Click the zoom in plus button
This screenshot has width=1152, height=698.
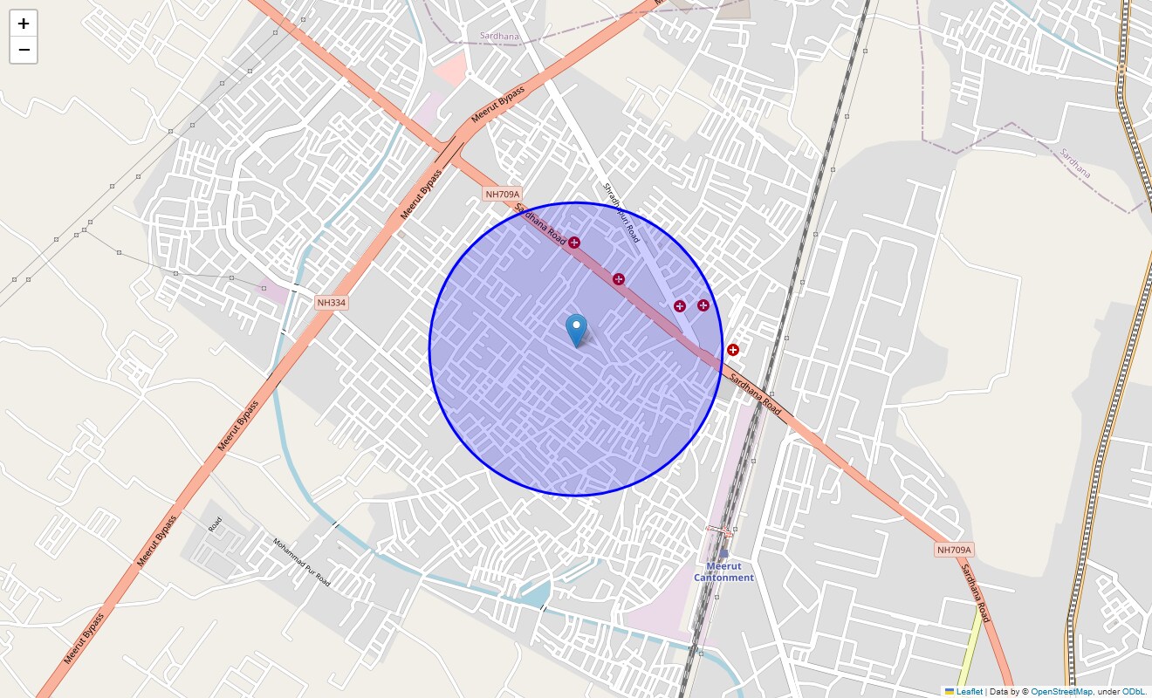tap(24, 24)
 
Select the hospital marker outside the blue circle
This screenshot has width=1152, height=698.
tap(733, 350)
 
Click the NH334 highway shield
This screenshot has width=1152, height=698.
tap(332, 303)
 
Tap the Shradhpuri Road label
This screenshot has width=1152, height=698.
tap(621, 212)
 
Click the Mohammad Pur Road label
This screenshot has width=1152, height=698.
tap(301, 561)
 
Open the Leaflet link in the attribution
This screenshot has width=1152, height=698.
tap(969, 691)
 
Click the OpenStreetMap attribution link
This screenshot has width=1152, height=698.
tap(1061, 691)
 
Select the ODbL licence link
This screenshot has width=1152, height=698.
tap(1134, 691)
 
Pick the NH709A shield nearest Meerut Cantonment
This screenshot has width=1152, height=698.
tap(954, 550)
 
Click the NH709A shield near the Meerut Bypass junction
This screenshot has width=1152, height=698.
tap(502, 194)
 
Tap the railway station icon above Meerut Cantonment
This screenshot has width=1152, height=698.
tap(723, 551)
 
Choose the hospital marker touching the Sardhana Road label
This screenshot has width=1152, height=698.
tap(574, 243)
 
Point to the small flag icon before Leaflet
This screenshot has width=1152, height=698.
tap(950, 691)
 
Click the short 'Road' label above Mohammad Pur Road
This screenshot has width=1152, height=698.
tap(215, 524)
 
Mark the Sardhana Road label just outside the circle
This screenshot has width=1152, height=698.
tap(756, 394)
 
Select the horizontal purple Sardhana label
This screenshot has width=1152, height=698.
tap(498, 37)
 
